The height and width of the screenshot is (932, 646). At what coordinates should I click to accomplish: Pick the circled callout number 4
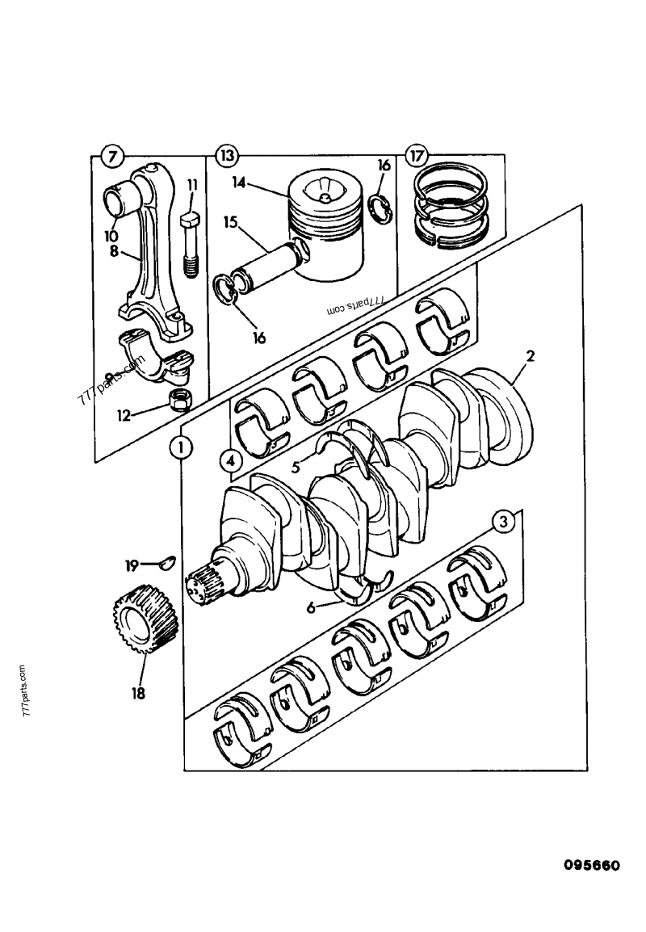(x=230, y=462)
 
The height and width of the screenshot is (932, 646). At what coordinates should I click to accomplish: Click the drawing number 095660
(x=591, y=866)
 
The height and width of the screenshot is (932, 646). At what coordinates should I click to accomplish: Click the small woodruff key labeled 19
(x=168, y=563)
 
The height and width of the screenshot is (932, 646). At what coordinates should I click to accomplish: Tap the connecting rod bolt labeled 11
(x=191, y=245)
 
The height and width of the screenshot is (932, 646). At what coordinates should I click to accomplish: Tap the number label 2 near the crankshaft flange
(x=530, y=355)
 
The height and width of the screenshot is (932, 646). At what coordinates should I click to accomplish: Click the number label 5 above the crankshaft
(x=296, y=465)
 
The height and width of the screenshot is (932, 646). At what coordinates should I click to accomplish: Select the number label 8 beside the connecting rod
(x=114, y=251)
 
